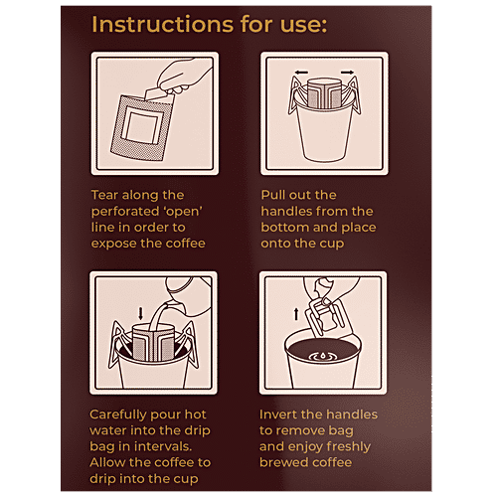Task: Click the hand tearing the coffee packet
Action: pos(180,78)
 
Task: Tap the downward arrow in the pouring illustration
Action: pos(141,312)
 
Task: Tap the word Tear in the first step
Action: pos(108,196)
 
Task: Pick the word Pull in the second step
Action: pos(276,196)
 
